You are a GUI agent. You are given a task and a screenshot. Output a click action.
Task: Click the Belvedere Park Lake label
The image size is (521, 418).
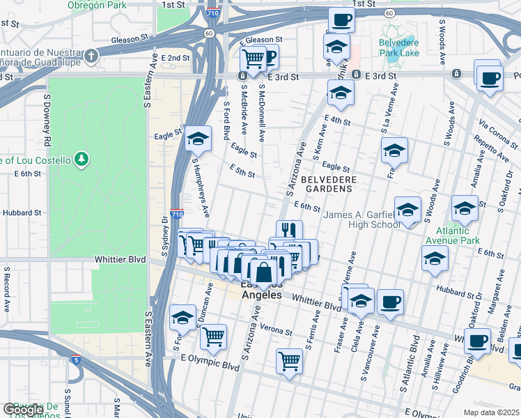tap(398, 47)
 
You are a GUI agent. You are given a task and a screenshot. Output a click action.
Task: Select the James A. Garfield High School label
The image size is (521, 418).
tap(361, 219)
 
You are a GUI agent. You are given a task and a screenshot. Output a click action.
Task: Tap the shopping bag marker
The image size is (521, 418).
tap(264, 272)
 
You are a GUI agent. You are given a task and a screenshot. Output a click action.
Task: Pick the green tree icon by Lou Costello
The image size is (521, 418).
tap(82, 160)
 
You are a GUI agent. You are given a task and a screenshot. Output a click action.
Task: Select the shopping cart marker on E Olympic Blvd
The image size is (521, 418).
tap(289, 361)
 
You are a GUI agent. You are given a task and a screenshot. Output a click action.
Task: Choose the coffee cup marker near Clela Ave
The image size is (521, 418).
tap(390, 301)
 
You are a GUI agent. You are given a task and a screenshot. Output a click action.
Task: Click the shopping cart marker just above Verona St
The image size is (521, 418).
tap(213, 337)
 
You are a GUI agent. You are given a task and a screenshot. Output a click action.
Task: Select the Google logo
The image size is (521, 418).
tap(23, 410)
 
